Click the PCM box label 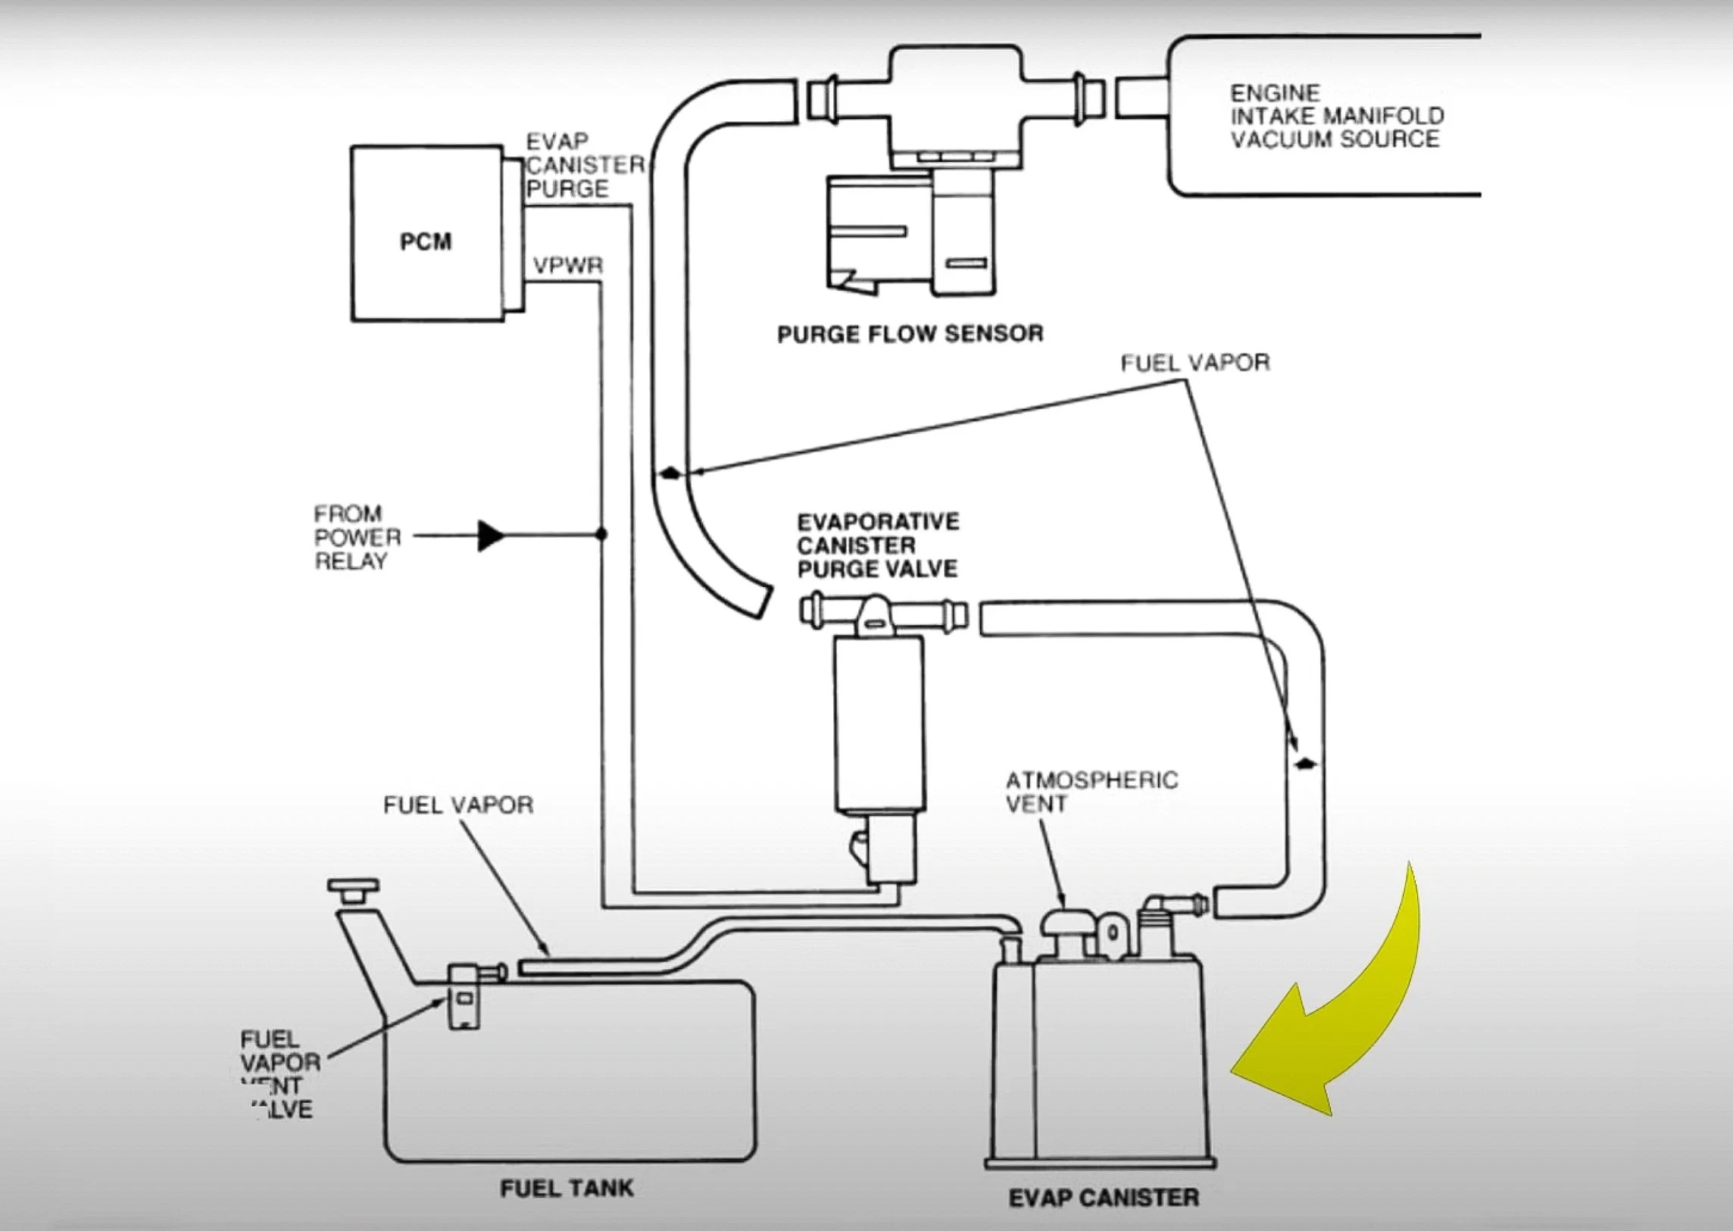coord(425,242)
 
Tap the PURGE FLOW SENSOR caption coord(910,333)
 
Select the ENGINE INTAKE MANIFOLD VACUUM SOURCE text coord(1336,116)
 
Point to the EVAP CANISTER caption coord(1104,1198)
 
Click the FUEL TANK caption coord(566,1187)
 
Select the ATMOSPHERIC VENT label coord(1091,792)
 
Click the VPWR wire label coord(567,266)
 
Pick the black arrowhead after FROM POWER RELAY coord(490,536)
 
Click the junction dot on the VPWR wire coord(601,534)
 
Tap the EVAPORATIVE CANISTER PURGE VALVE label coord(879,545)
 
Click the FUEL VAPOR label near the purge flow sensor coord(1195,363)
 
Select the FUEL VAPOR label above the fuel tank coord(457,805)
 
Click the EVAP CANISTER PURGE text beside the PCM coord(584,165)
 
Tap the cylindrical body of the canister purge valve coord(879,724)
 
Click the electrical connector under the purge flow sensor coord(910,235)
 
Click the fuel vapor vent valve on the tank coord(464,995)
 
